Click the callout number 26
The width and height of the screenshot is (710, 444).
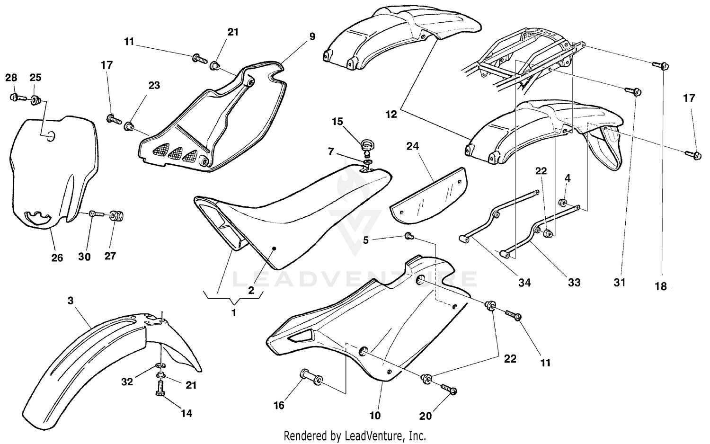coord(57,258)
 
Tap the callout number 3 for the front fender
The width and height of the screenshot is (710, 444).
coord(71,301)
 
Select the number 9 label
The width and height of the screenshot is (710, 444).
coord(312,36)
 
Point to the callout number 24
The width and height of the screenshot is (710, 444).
coord(412,146)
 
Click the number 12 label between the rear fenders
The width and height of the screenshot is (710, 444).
coord(390,114)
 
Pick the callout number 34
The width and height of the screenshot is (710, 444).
coord(524,283)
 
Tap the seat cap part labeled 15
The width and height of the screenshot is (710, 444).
coord(367,143)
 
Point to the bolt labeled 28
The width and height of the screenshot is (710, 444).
coord(13,98)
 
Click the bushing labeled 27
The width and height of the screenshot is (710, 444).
coord(116,216)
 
